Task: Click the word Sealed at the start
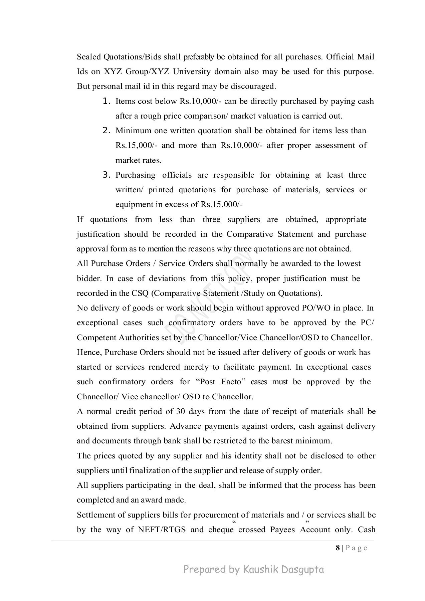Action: (89, 57)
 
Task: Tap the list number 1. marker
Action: (107, 101)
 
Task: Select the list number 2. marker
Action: (107, 131)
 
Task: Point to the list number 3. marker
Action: (107, 175)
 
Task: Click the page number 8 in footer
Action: (338, 548)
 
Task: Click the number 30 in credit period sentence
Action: (181, 411)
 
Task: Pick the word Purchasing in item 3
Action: (135, 175)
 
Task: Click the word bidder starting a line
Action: (88, 278)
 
